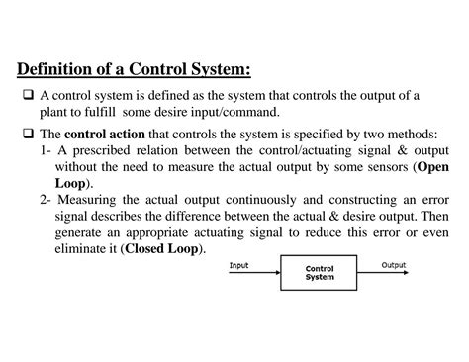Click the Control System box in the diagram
point(319,273)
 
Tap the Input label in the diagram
point(239,265)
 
